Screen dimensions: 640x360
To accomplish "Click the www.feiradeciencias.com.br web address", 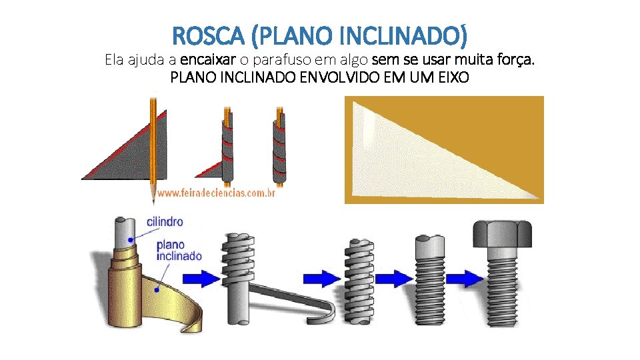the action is coord(217,193).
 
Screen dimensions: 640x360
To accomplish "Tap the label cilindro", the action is coord(165,221).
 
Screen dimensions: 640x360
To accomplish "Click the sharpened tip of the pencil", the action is coord(154,197).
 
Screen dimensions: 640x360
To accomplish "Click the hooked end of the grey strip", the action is coord(327,313).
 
